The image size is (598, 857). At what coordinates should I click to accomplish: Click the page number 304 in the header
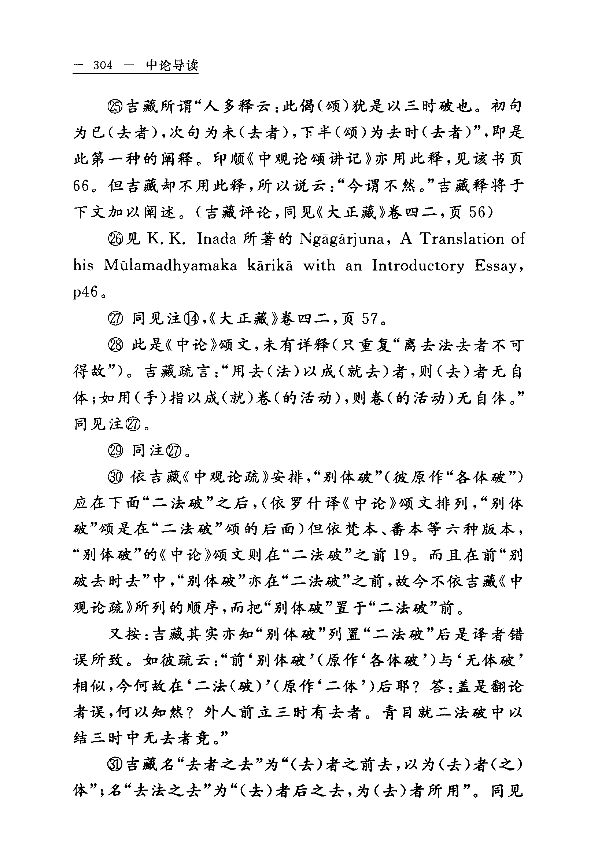pyautogui.click(x=103, y=65)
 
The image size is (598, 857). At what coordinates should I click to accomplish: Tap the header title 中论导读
pyautogui.click(x=172, y=65)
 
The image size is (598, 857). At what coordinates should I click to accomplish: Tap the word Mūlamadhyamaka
pyautogui.click(x=170, y=266)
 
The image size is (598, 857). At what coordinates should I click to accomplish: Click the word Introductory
pyautogui.click(x=418, y=266)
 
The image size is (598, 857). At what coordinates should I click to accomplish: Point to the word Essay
pyautogui.click(x=498, y=266)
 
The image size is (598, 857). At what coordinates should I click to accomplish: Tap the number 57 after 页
pyautogui.click(x=370, y=319)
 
